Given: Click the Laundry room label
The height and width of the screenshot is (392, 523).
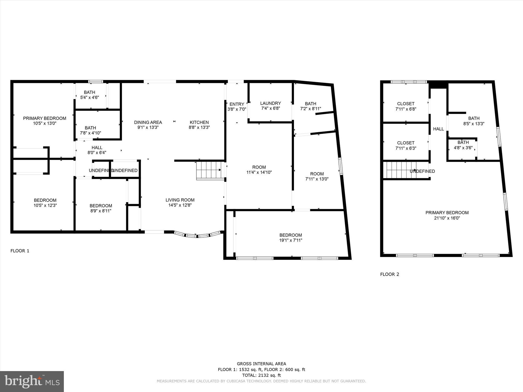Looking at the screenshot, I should tap(270, 103).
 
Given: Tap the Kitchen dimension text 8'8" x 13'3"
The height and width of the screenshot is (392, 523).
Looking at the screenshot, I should tap(199, 127).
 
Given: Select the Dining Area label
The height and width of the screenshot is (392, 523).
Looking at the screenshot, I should tap(148, 122).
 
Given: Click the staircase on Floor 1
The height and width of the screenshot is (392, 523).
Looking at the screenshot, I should tap(208, 170).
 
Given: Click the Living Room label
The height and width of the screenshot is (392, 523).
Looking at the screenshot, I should tap(180, 200).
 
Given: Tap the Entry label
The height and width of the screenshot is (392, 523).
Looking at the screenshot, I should tap(237, 104).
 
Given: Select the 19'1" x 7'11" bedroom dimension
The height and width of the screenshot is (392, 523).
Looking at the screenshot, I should tap(291, 240).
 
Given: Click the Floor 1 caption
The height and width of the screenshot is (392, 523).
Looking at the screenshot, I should tap(20, 251).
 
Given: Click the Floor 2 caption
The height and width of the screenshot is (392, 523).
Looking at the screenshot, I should tap(389, 274).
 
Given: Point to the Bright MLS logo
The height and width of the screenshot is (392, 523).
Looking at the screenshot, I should tap(32, 381).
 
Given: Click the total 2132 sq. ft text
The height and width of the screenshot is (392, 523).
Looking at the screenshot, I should tap(261, 375).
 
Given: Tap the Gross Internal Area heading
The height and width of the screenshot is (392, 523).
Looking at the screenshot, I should tap(261, 364).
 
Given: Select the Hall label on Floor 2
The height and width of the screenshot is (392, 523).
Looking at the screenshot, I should tap(438, 129).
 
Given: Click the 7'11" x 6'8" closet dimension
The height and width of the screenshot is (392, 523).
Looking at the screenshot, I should tap(406, 109).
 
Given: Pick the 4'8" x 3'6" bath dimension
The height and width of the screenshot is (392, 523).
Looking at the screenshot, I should tap(463, 148).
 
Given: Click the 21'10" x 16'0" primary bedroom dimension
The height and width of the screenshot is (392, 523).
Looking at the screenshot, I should tap(447, 218).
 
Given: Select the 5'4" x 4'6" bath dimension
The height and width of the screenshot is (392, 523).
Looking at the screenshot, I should tap(89, 97).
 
